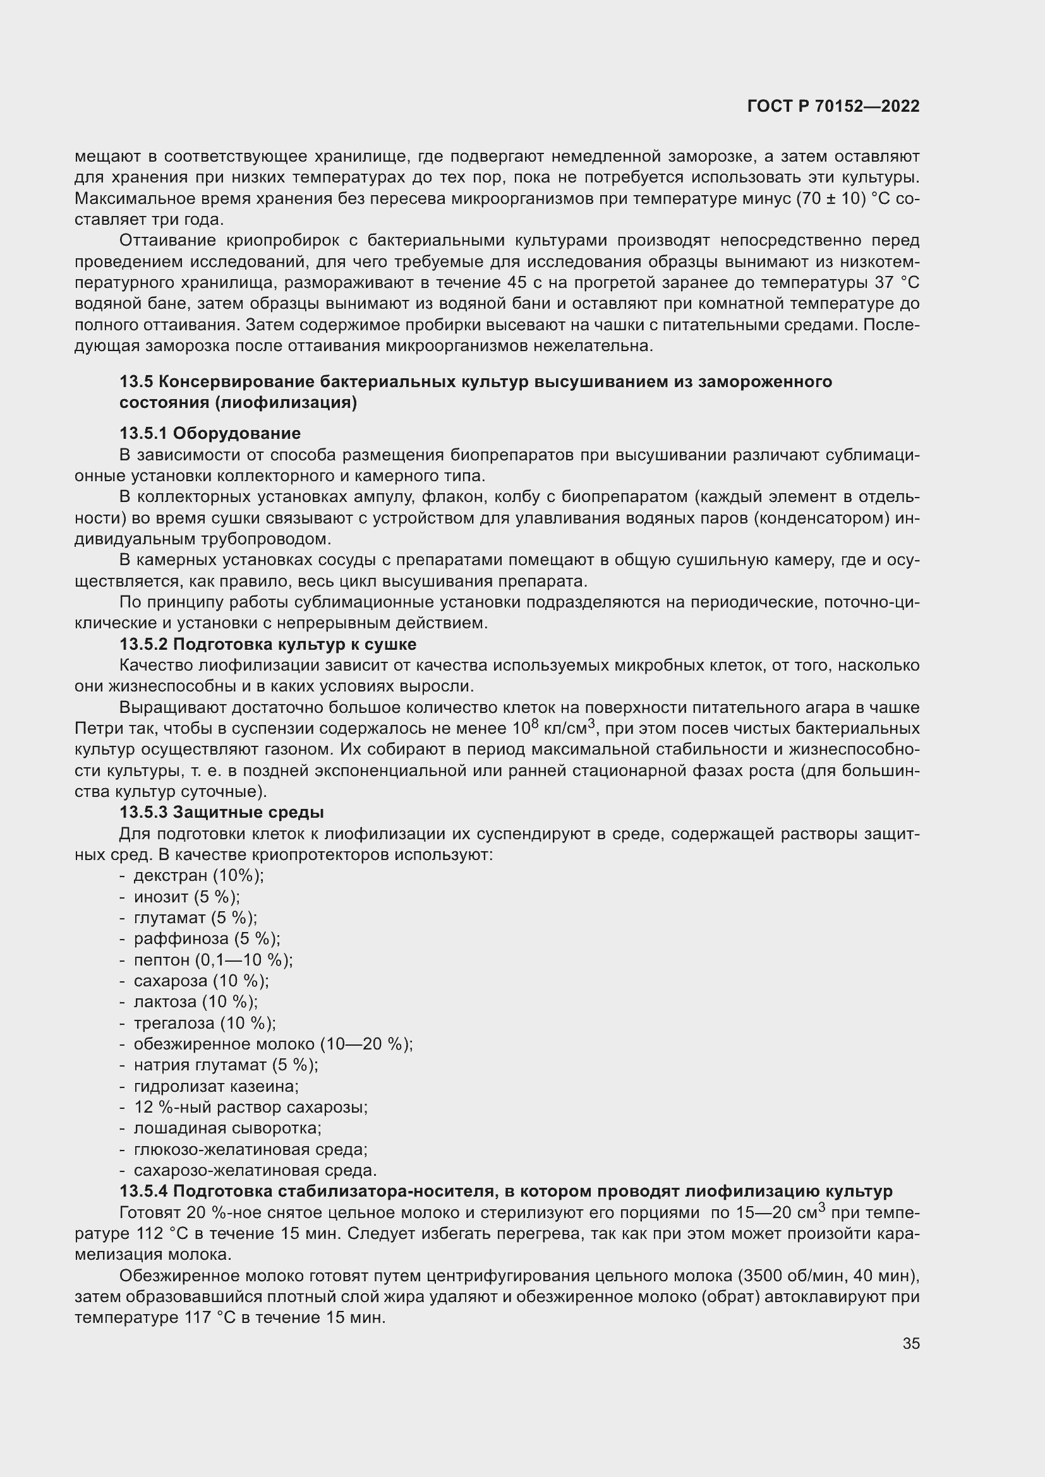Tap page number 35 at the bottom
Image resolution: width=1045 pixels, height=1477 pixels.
click(910, 1344)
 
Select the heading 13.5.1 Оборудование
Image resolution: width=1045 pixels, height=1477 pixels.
click(210, 434)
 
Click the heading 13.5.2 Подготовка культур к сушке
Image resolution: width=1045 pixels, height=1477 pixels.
click(268, 645)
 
